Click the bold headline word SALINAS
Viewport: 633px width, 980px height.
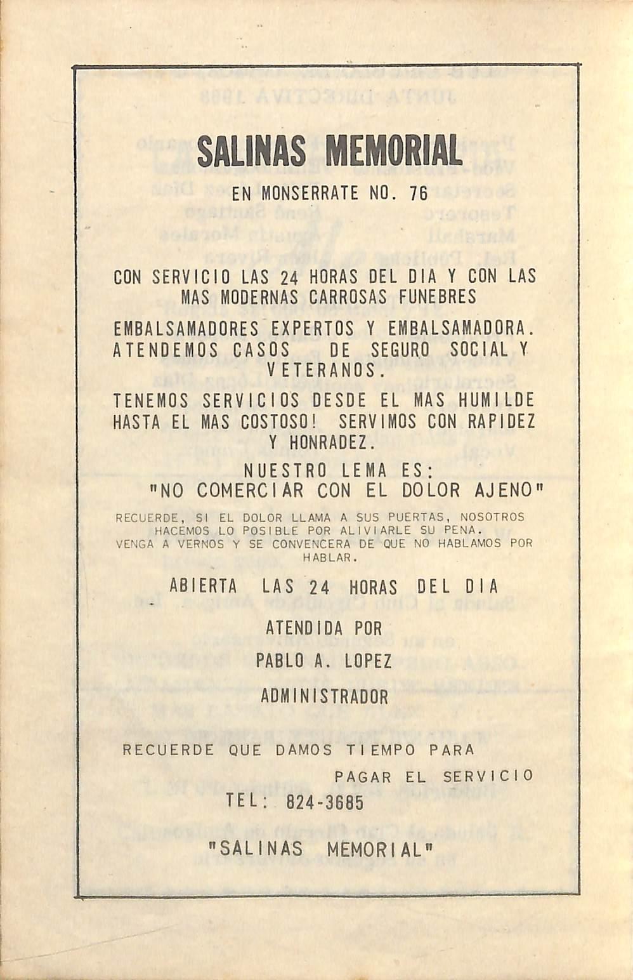pyautogui.click(x=251, y=152)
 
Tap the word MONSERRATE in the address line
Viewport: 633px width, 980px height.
pyautogui.click(x=310, y=193)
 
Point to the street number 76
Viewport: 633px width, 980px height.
pyautogui.click(x=419, y=193)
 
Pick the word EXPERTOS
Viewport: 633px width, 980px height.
pyautogui.click(x=312, y=329)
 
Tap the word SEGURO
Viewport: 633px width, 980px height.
pyautogui.click(x=400, y=350)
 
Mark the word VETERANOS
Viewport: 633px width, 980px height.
pyautogui.click(x=325, y=370)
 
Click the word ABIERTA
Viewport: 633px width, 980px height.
pyautogui.click(x=203, y=586)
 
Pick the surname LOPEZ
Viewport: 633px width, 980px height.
pyautogui.click(x=368, y=661)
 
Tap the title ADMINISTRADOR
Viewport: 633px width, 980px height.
pyautogui.click(x=324, y=696)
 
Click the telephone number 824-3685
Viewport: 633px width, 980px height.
pyautogui.click(x=325, y=803)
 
